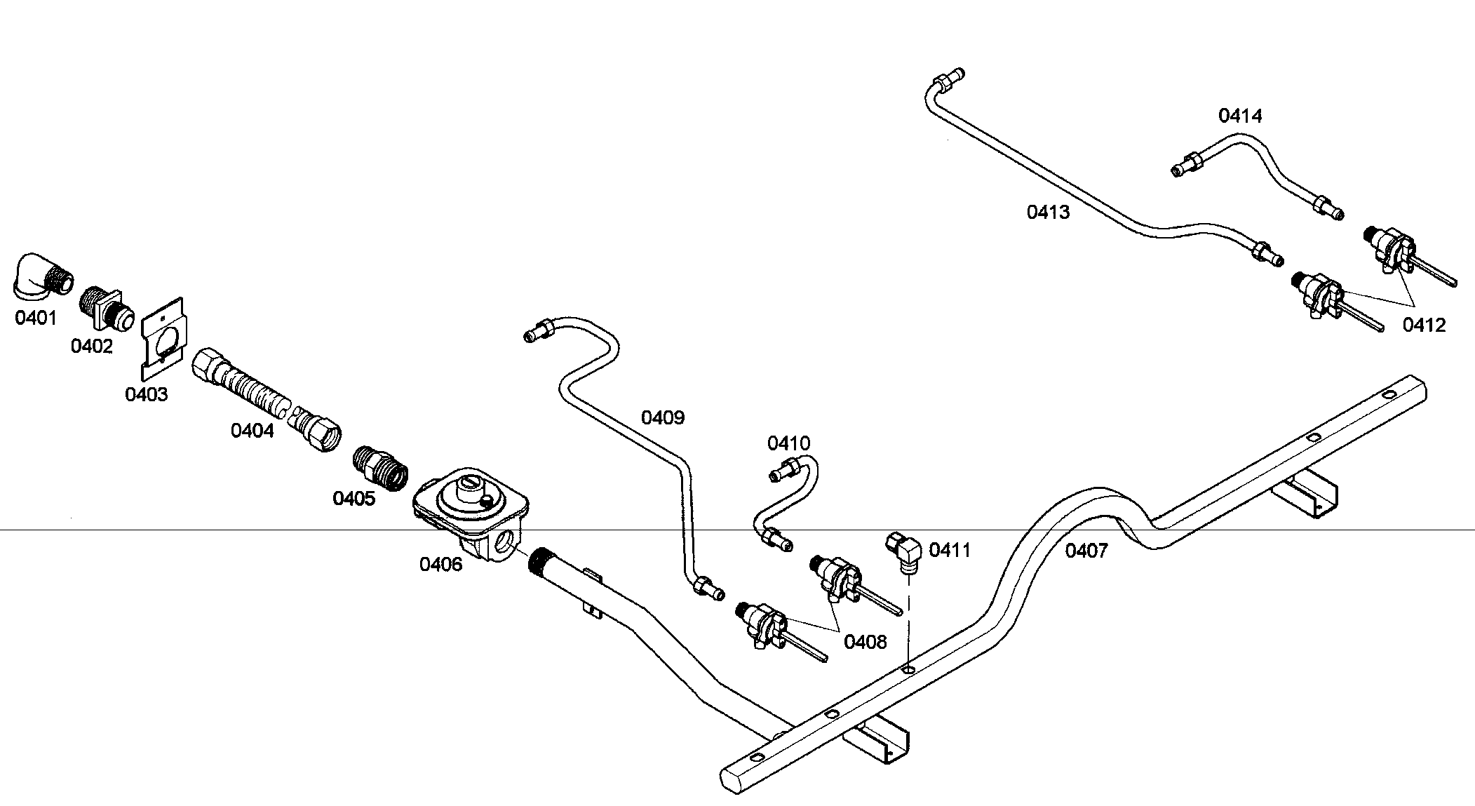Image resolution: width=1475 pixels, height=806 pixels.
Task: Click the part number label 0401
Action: click(x=36, y=318)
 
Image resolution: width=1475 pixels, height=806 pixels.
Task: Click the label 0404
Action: click(x=252, y=430)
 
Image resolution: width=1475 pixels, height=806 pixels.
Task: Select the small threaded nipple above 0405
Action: click(x=380, y=467)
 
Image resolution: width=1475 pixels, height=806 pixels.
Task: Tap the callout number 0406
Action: click(x=441, y=564)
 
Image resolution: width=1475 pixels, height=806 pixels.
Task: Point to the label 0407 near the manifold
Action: click(x=1086, y=551)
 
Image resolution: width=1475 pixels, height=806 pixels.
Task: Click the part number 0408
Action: click(x=866, y=641)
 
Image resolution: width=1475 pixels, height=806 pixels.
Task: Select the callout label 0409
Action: click(x=663, y=418)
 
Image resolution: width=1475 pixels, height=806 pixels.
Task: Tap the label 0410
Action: click(x=789, y=443)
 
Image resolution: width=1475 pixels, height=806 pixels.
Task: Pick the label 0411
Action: click(x=950, y=550)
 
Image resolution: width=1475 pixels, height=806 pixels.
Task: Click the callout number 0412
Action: click(x=1425, y=325)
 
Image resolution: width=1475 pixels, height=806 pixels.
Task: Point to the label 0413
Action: click(x=1049, y=212)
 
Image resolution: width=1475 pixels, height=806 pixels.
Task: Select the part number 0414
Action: click(x=1240, y=116)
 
